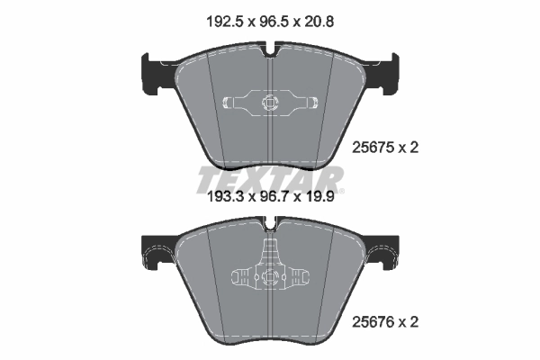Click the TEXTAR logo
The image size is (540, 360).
(x=270, y=178)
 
